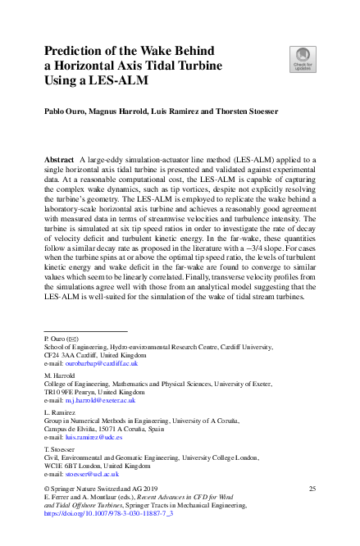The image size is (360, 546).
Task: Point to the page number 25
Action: click(312, 489)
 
